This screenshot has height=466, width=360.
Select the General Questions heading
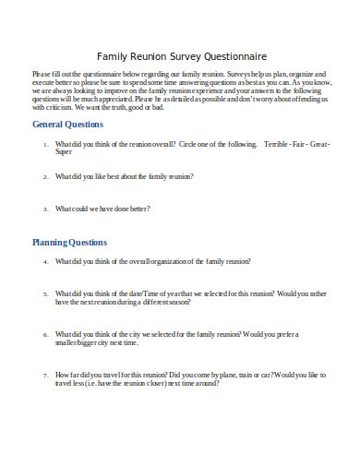coord(67,124)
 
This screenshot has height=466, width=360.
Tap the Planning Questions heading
coord(69,243)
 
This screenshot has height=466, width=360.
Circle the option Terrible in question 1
coord(278,146)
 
